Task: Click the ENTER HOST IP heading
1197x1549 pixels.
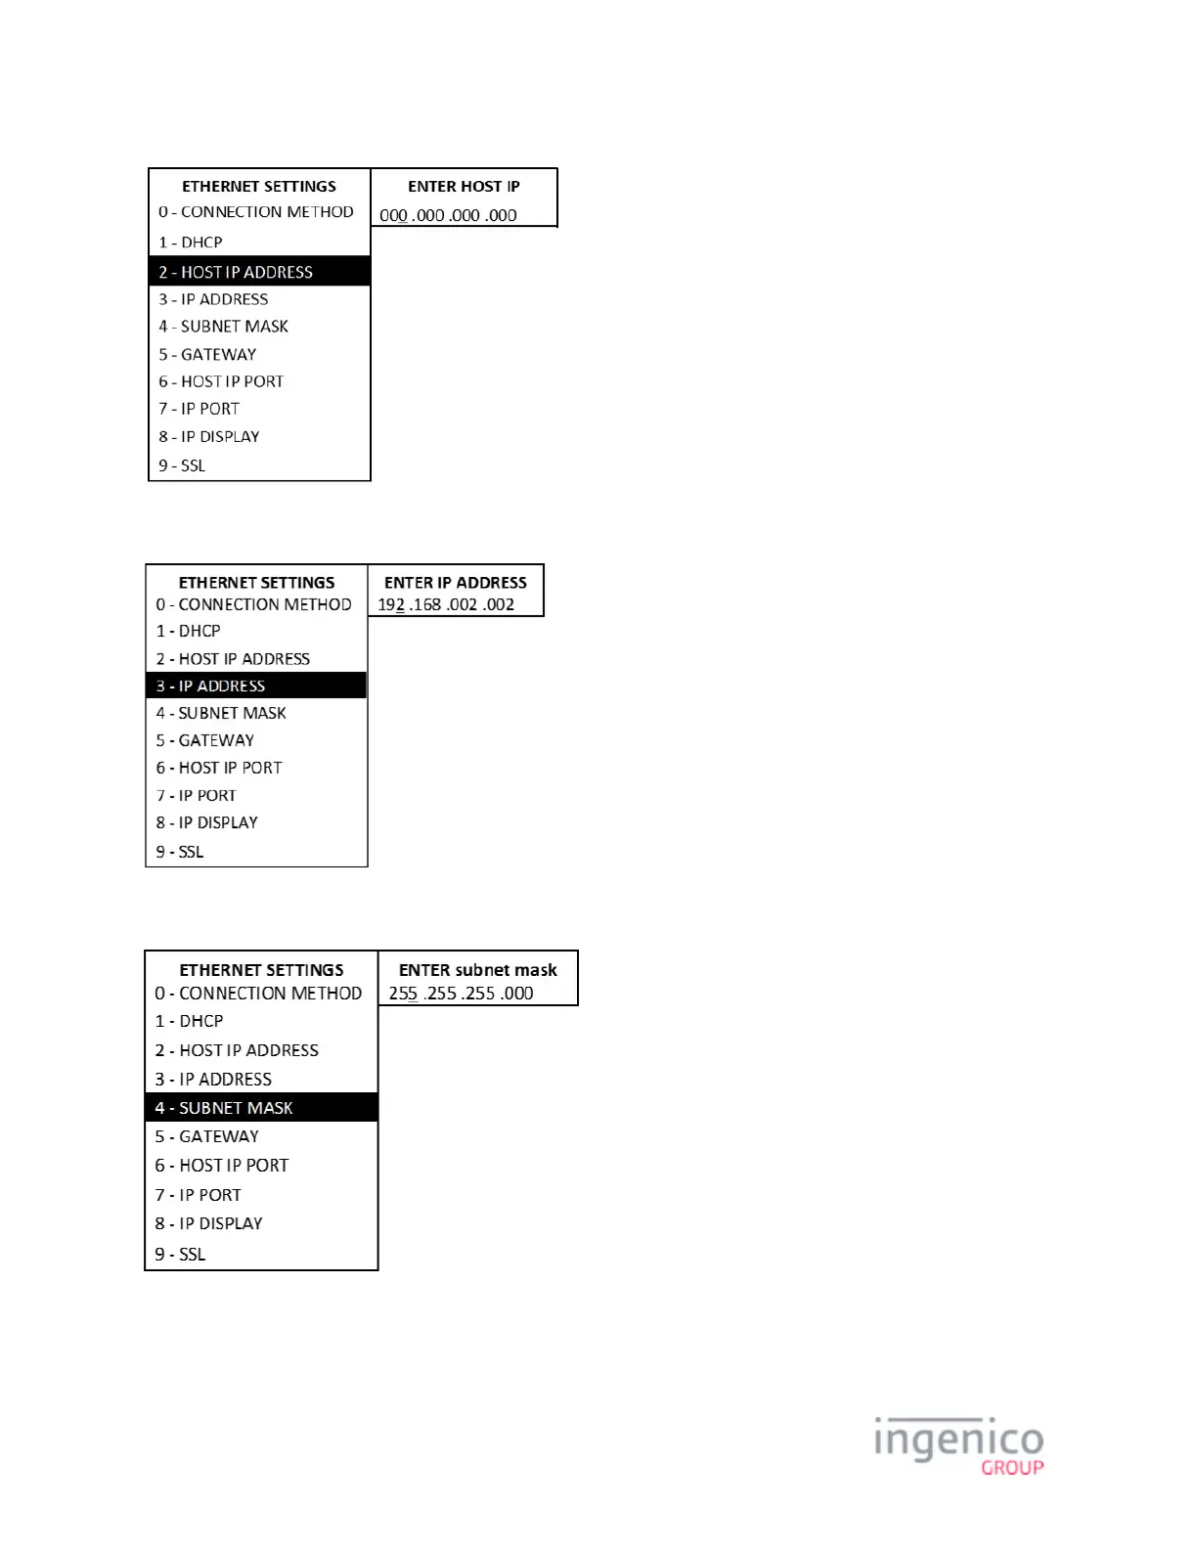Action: pyautogui.click(x=464, y=186)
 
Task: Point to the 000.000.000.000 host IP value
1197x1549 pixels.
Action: pyautogui.click(x=448, y=215)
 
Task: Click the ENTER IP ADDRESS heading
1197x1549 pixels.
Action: pyautogui.click(x=455, y=582)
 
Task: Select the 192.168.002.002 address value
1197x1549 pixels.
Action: pyautogui.click(x=446, y=604)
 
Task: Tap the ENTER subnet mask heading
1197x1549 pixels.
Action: pyautogui.click(x=477, y=970)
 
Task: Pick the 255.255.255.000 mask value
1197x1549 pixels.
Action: pyautogui.click(x=461, y=994)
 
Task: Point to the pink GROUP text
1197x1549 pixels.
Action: pyautogui.click(x=1012, y=1467)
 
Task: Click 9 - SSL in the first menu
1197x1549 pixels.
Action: pyautogui.click(x=182, y=465)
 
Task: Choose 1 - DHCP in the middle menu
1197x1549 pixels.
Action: pyautogui.click(x=188, y=631)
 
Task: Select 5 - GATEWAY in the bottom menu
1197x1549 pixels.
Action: pyautogui.click(x=206, y=1136)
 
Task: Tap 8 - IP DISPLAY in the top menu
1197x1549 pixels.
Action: pyautogui.click(x=209, y=436)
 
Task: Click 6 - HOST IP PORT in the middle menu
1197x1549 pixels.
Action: pyautogui.click(x=219, y=768)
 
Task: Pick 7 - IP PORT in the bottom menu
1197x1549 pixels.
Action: pyautogui.click(x=198, y=1195)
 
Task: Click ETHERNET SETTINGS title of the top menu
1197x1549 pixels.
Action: pyautogui.click(x=259, y=186)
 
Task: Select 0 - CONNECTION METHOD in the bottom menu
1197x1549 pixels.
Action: pyautogui.click(x=258, y=994)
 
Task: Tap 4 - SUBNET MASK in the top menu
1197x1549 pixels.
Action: pyautogui.click(x=223, y=327)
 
